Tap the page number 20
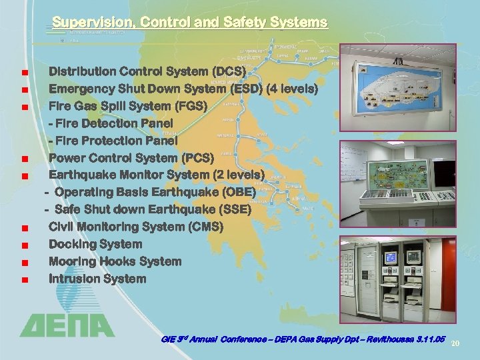456,343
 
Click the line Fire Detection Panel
111,123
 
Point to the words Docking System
95,245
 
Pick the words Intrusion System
97,279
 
